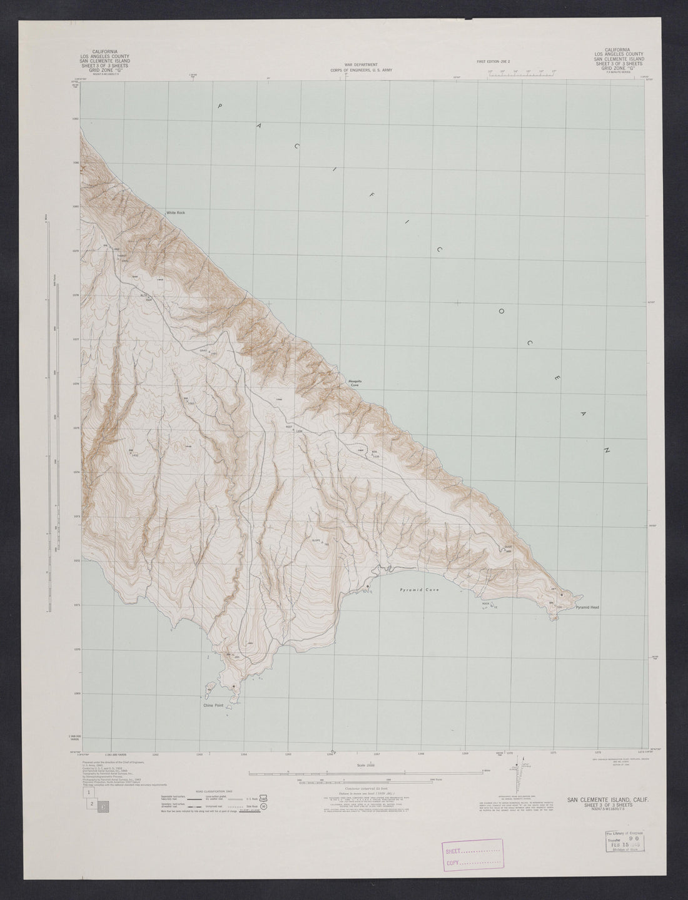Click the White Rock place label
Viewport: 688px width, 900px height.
click(176, 213)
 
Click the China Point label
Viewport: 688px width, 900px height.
click(213, 706)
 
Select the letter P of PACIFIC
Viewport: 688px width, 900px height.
click(220, 106)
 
